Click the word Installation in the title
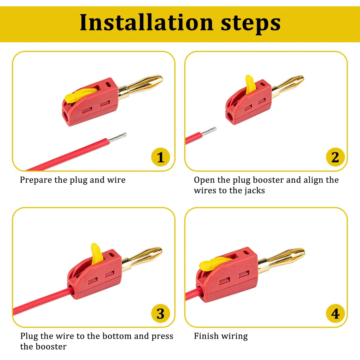[x=146, y=22]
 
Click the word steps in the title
[x=251, y=24]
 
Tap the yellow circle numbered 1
[x=160, y=157]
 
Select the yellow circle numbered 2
[x=335, y=157]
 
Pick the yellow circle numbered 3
[x=160, y=314]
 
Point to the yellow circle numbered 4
[x=335, y=314]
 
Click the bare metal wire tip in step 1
[x=117, y=137]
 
